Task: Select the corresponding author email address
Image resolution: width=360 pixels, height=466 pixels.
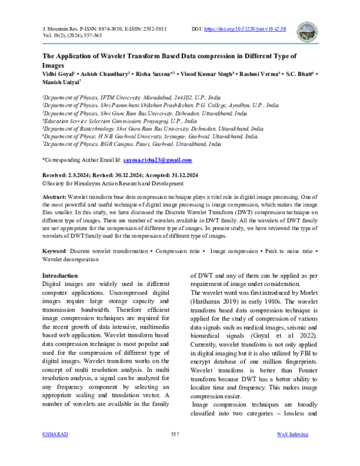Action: tap(157, 160)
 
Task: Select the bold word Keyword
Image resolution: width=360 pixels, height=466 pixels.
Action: tap(55, 250)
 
